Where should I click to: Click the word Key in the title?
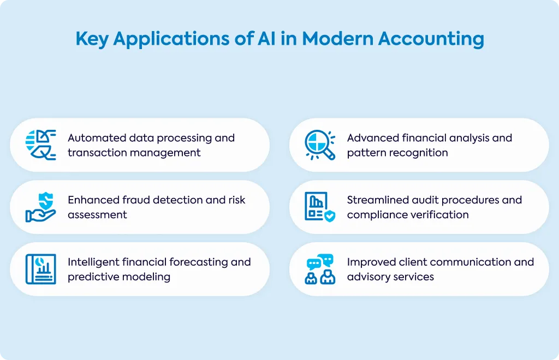point(92,39)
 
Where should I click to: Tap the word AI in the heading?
point(266,38)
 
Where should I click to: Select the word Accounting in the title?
point(431,39)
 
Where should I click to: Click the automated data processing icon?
point(40,145)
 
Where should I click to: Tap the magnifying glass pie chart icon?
point(320,145)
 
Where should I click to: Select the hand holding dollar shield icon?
point(40,207)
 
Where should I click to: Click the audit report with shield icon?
point(320,207)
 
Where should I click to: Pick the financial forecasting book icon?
point(40,269)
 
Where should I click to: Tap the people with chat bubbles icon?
point(320,269)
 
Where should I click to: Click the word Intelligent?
point(93,262)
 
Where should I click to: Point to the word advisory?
point(367,277)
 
